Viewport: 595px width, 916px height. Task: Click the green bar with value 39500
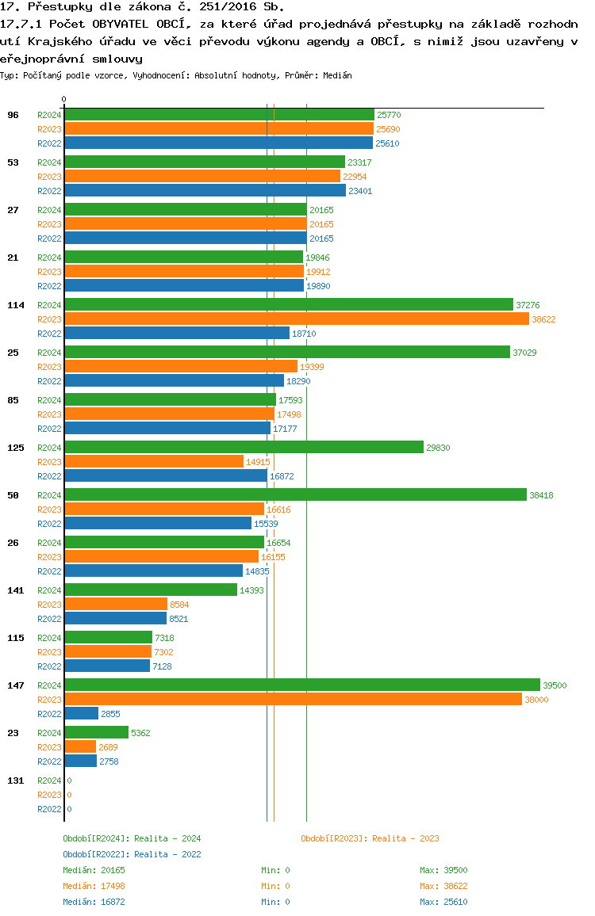pos(301,685)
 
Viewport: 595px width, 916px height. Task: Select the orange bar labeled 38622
pos(296,319)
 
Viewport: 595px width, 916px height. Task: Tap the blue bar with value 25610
pos(218,143)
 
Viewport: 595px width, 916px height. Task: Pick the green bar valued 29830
pos(244,447)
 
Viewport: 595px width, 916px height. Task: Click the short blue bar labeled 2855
pos(81,713)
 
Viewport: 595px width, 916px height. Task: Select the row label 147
pos(16,685)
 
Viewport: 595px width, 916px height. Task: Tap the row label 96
pos(13,115)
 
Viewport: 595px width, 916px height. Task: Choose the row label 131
pos(16,781)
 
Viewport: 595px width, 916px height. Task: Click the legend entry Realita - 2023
pos(370,838)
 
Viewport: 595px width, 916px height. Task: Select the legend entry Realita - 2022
pos(132,854)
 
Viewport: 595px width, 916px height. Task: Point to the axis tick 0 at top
pos(64,99)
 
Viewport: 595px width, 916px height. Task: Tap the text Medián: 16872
pos(94,902)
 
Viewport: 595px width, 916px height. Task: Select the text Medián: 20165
pos(94,870)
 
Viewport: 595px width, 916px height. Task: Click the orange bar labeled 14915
pos(154,461)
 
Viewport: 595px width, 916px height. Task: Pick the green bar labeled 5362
pos(96,732)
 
